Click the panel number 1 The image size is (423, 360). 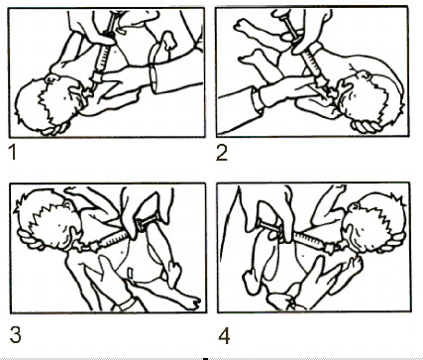point(13,153)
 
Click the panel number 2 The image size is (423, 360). point(222,154)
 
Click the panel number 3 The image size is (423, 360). point(15,334)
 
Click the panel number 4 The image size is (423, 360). point(224,336)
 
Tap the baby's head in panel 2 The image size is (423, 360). point(370,99)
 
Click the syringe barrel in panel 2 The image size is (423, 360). point(311,63)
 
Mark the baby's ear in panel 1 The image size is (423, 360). point(52,79)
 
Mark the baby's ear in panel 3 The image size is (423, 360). point(68,205)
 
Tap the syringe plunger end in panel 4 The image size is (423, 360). point(261,225)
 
